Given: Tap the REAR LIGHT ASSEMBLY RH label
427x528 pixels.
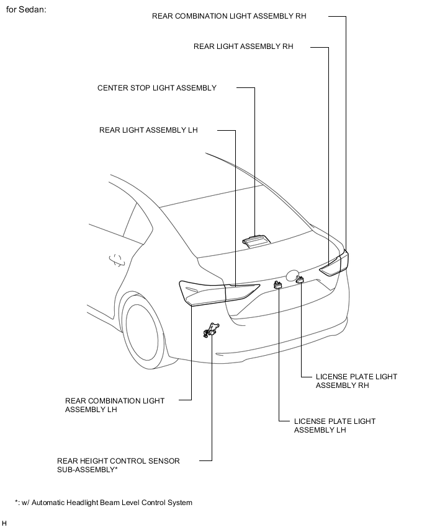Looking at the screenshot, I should [243, 46].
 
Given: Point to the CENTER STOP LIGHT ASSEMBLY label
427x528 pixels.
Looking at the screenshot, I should [157, 88].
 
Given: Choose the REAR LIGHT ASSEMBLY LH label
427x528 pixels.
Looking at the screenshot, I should [148, 130].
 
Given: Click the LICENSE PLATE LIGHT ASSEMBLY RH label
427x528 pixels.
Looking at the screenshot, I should [356, 381].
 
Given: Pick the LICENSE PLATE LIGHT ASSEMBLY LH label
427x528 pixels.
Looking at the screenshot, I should [335, 426].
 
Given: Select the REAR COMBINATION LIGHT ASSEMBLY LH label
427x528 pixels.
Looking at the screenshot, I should [115, 405].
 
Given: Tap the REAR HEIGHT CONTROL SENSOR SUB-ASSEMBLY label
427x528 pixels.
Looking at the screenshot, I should [119, 465].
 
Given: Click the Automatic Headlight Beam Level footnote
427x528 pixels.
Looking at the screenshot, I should [104, 503].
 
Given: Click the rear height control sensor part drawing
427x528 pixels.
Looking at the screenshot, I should [210, 331].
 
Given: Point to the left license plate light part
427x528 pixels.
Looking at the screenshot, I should [278, 284].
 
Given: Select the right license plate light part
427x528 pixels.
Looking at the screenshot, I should [300, 280].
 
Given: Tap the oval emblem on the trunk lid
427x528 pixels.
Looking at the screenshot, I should [292, 274].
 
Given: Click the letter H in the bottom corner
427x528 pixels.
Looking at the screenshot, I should [4, 524].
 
